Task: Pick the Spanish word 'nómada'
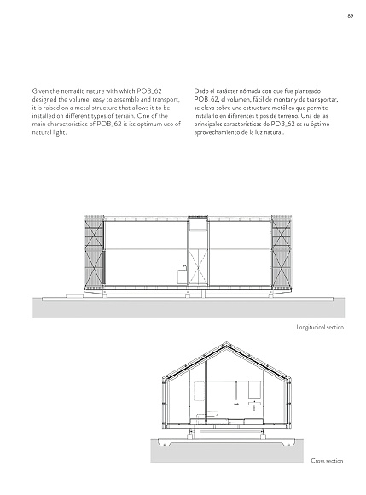tap(255, 89)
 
